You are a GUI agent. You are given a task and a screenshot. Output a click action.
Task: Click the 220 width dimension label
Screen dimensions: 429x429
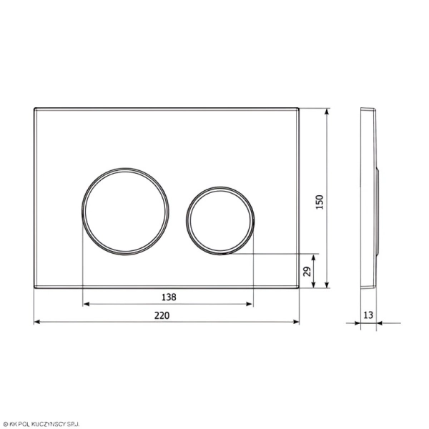162,315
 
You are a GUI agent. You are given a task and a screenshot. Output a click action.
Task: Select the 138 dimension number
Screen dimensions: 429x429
169,297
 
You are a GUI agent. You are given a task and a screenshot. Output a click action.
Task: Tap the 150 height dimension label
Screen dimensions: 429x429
320,202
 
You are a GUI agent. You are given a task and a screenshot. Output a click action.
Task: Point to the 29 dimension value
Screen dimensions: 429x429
307,272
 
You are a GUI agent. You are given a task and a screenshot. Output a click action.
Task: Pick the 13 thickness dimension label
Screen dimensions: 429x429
368,315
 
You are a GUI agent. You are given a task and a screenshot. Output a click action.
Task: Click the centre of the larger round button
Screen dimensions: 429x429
125,212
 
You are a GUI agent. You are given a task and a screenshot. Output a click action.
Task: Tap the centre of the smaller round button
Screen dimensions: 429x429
220,221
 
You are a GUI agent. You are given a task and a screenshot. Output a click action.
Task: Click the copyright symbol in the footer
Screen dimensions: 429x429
5,424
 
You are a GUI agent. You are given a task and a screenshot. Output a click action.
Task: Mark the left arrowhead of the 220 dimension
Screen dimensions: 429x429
37,322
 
